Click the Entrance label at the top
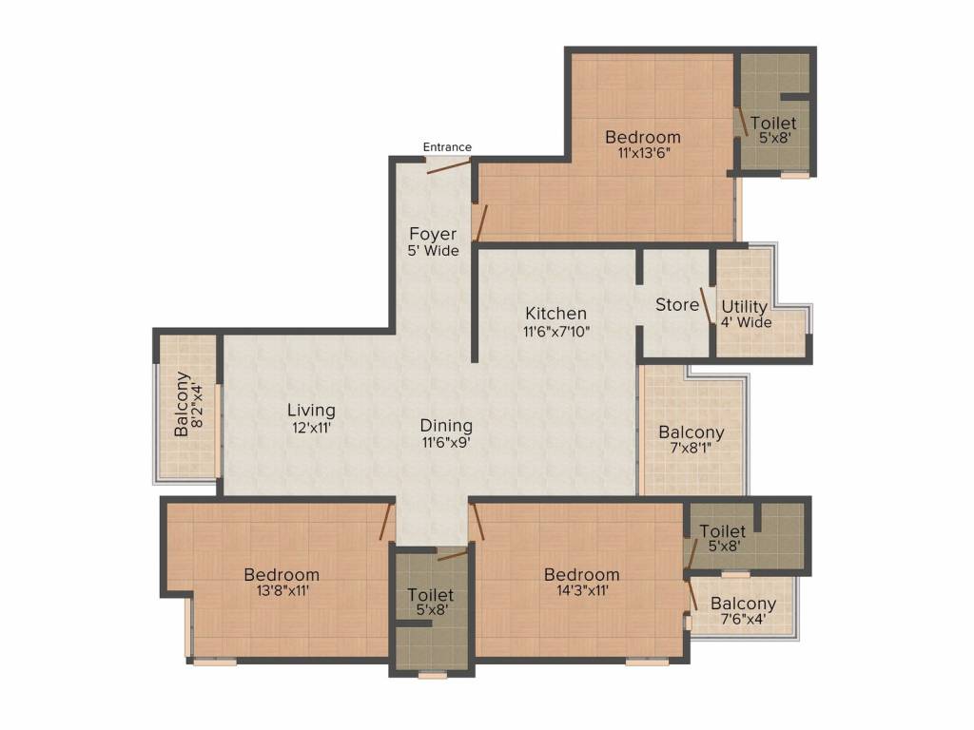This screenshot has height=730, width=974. click(447, 146)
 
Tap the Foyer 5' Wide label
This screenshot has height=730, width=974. click(433, 242)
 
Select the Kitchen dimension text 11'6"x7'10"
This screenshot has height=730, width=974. click(556, 332)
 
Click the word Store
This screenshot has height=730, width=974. click(677, 305)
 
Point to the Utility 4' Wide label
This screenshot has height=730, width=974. click(746, 315)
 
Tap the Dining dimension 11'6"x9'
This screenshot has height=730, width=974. click(446, 441)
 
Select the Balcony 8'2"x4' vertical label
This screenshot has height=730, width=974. click(188, 404)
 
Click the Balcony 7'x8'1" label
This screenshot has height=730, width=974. click(692, 440)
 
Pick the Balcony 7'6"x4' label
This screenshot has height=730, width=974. click(743, 611)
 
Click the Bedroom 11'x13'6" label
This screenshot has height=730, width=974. click(643, 144)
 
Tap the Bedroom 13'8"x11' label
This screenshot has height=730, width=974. click(282, 582)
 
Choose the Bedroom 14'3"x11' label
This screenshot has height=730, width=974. click(581, 582)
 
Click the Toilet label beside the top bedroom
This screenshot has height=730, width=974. click(773, 129)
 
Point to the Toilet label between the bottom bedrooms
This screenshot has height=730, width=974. click(431, 603)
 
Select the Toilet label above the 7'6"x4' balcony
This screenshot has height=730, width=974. click(723, 538)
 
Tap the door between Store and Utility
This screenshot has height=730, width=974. click(708, 307)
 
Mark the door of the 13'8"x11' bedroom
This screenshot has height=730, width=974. click(387, 522)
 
